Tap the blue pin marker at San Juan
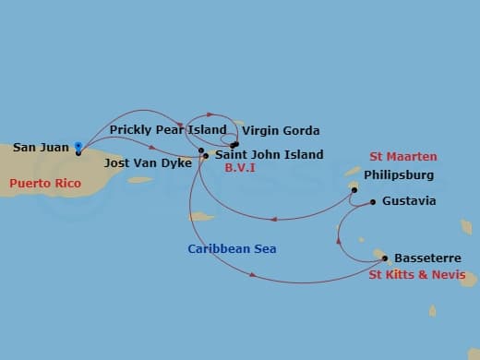pyautogui.click(x=78, y=146)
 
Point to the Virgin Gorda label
pyautogui.click(x=281, y=131)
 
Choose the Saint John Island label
pyautogui.click(x=269, y=155)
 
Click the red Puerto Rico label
pyautogui.click(x=45, y=184)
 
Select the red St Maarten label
pyautogui.click(x=403, y=157)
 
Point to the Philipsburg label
pyautogui.click(x=399, y=174)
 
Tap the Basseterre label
pyautogui.click(x=423, y=258)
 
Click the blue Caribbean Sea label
pyautogui.click(x=232, y=249)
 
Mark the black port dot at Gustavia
pyautogui.click(x=372, y=201)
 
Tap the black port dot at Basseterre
pyautogui.click(x=384, y=258)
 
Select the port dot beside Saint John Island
pyautogui.click(x=205, y=155)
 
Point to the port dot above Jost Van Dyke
pyautogui.click(x=200, y=150)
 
